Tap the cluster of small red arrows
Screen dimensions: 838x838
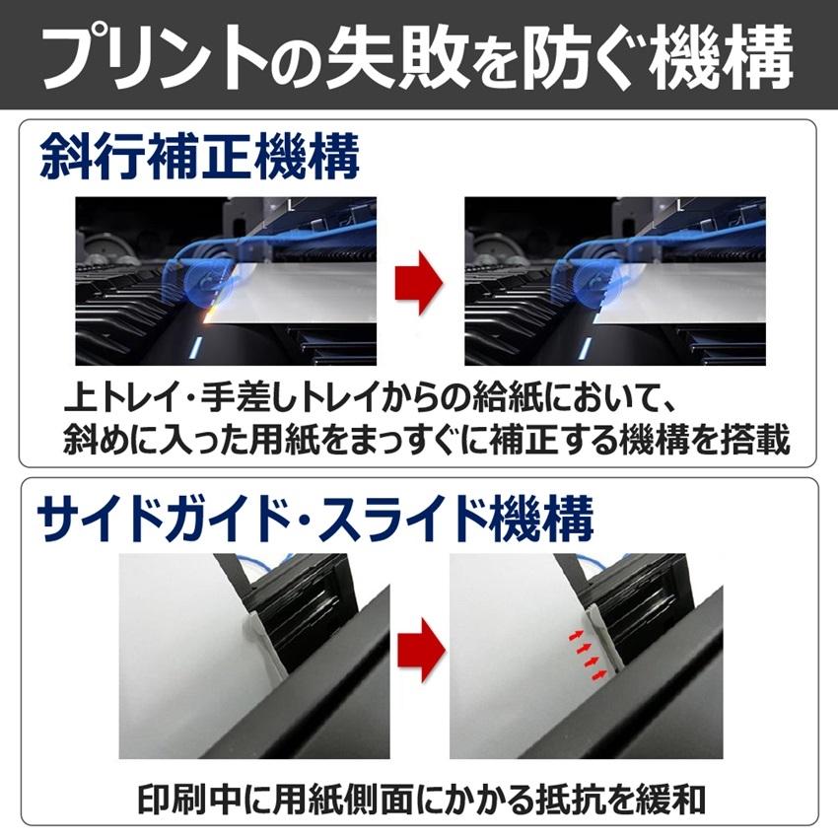coord(587,652)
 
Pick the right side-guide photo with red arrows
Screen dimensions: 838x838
coord(586,656)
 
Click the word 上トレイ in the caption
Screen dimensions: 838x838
coord(111,401)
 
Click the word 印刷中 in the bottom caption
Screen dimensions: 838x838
coord(174,798)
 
